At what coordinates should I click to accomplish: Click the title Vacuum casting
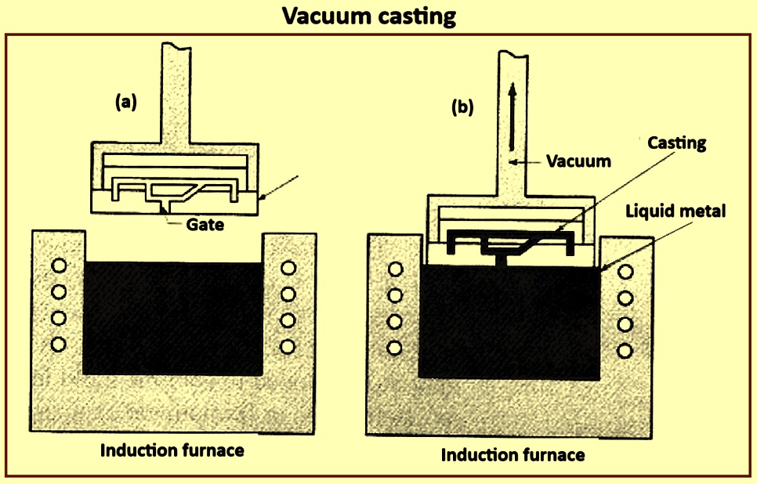click(369, 16)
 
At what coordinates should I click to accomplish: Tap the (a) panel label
click(126, 102)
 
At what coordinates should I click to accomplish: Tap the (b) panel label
click(462, 107)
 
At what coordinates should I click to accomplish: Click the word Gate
click(205, 225)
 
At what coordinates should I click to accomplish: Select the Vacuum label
click(578, 161)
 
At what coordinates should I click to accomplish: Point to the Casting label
click(676, 143)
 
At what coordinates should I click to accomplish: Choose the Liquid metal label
click(676, 211)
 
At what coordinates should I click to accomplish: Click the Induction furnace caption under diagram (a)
click(172, 450)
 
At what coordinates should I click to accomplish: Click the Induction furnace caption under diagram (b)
click(513, 454)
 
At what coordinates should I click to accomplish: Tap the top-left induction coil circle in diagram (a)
click(59, 265)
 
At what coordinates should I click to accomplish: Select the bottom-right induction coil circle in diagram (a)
click(288, 346)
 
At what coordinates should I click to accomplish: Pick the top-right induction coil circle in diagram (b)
click(625, 272)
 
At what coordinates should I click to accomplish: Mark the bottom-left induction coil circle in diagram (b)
click(394, 348)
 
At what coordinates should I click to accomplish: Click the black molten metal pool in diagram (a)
click(173, 319)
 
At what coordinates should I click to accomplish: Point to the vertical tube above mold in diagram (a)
click(176, 94)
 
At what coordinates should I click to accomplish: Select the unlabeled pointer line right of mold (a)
click(279, 187)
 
